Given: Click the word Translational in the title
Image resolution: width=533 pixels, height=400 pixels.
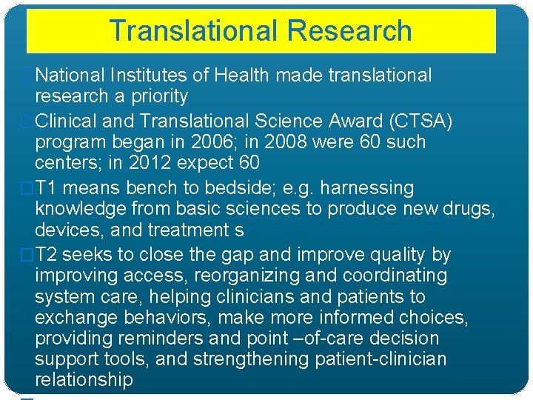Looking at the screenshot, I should click(193, 31).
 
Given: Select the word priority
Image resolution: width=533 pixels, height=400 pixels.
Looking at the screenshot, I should click(160, 96).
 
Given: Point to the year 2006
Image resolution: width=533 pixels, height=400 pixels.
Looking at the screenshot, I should click(212, 142).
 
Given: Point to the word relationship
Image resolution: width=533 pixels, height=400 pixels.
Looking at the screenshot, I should click(84, 381).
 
